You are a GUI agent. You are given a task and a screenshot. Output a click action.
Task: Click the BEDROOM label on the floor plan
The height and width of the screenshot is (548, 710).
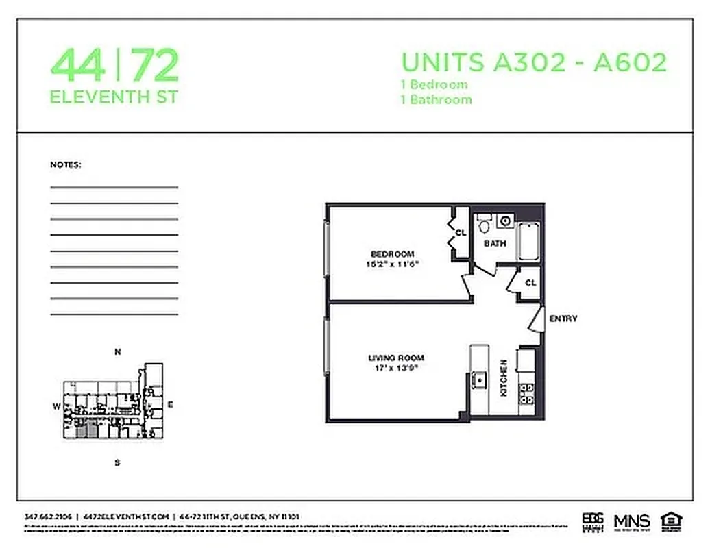(x=392, y=254)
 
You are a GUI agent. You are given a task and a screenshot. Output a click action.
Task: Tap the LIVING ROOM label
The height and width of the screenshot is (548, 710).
(x=395, y=358)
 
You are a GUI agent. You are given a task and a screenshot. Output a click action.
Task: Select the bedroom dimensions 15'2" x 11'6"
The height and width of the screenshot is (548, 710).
(x=392, y=263)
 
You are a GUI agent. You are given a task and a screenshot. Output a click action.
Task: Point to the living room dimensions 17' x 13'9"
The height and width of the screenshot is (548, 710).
(x=395, y=367)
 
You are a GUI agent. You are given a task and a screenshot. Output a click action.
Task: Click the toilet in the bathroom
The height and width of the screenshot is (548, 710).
(x=484, y=223)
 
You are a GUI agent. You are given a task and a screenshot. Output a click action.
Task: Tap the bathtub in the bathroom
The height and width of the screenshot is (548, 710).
(x=528, y=241)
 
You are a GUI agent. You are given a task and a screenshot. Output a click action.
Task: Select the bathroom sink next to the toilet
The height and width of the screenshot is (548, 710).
(x=506, y=221)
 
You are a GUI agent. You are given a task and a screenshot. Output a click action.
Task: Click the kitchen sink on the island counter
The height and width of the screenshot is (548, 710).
(x=479, y=378)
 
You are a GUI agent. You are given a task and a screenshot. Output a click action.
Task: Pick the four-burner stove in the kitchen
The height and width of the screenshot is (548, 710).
(x=526, y=392)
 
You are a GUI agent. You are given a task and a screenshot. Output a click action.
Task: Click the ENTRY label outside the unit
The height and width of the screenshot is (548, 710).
(x=563, y=319)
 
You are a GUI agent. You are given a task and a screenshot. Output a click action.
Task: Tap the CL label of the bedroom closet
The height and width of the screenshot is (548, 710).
(x=461, y=233)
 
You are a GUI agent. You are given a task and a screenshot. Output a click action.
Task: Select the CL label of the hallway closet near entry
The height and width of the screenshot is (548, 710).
(x=530, y=282)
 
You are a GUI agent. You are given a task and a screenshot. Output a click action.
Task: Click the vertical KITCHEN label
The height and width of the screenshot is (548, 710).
(x=503, y=378)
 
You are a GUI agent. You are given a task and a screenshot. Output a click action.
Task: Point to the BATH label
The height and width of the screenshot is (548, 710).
(x=495, y=243)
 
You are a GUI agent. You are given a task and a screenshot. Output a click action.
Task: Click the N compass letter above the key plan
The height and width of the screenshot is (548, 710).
(x=117, y=353)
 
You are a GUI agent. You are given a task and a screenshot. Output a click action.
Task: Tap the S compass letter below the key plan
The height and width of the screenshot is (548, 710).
(x=117, y=462)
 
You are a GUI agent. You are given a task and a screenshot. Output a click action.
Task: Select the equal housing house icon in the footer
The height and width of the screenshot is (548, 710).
(x=668, y=521)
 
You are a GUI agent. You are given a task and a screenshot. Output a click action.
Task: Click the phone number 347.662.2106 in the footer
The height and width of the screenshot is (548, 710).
(x=48, y=516)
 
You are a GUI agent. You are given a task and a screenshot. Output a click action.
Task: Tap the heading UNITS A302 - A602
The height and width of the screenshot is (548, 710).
(x=533, y=62)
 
